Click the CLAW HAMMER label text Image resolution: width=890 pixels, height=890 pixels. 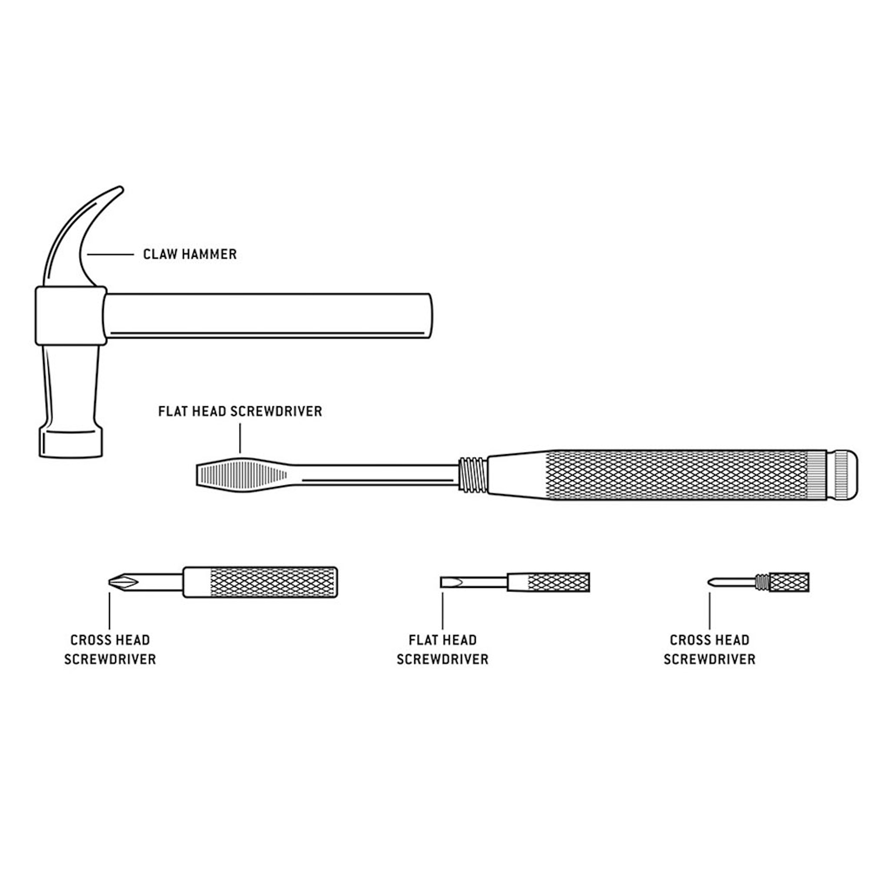tap(190, 254)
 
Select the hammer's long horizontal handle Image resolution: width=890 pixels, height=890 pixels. tap(267, 316)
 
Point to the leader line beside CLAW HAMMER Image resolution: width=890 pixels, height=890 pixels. tap(110, 254)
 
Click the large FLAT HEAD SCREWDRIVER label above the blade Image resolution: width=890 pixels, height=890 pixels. tap(240, 411)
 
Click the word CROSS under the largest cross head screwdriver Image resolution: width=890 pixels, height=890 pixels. tap(88, 640)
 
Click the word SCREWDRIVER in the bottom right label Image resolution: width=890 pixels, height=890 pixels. tap(709, 659)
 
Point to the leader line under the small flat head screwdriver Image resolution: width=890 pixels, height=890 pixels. tap(443, 611)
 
